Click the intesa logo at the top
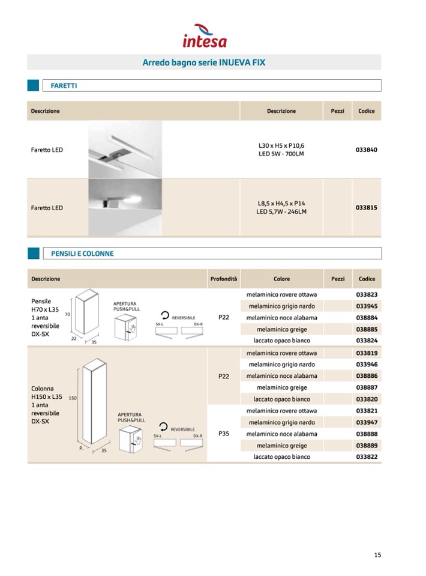[205, 36]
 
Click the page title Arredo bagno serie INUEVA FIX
[204, 62]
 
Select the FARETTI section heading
[64, 86]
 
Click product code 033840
[366, 150]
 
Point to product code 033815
[366, 208]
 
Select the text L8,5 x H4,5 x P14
[281, 204]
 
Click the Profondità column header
[224, 279]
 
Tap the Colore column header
[281, 279]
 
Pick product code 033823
[366, 295]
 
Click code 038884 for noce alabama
[366, 318]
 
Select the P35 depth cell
[224, 434]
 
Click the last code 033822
[366, 457]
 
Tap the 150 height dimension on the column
[73, 398]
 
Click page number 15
[377, 555]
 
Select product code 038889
[366, 446]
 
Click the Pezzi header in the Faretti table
[338, 111]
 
